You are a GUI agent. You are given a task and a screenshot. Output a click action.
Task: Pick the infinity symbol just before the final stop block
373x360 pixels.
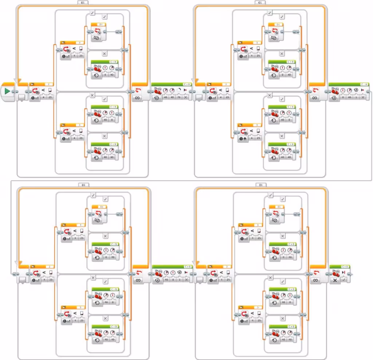point(315,280)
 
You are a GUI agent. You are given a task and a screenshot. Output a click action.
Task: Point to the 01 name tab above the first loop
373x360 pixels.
point(83,3)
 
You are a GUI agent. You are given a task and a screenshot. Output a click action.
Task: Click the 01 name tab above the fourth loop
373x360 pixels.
point(260,185)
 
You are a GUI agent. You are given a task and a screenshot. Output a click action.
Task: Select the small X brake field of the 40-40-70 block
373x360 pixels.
point(186,98)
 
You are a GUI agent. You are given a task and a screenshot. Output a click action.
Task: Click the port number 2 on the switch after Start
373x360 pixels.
point(48,84)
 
